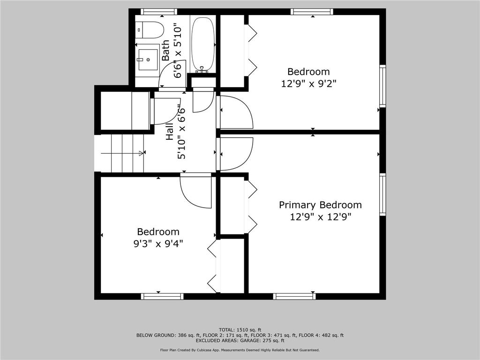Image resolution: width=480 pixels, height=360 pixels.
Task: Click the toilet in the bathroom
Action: tap(150, 30)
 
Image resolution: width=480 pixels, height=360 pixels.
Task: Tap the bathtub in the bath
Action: tap(202, 45)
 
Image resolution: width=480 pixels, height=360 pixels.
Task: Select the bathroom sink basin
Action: tap(148, 60)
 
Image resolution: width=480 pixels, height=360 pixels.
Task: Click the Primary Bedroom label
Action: tap(320, 205)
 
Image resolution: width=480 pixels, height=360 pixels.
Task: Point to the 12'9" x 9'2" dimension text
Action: tap(308, 83)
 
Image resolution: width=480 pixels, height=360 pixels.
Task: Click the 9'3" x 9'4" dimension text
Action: tap(158, 244)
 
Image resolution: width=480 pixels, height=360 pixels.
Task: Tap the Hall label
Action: tap(170, 132)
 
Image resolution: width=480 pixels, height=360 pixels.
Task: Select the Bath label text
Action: tap(165, 50)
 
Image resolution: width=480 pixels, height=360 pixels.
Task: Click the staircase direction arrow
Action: tap(122, 153)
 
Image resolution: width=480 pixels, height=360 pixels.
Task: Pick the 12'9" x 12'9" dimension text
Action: tap(320, 217)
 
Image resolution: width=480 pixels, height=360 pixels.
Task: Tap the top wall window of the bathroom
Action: tap(159, 12)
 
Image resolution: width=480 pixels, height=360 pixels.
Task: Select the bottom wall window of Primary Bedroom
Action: tap(294, 296)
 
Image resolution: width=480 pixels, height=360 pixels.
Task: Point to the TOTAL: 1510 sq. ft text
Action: tap(240, 330)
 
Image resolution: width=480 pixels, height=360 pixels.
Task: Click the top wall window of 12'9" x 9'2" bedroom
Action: tap(312, 12)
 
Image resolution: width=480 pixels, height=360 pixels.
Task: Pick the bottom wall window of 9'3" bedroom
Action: tap(162, 296)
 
